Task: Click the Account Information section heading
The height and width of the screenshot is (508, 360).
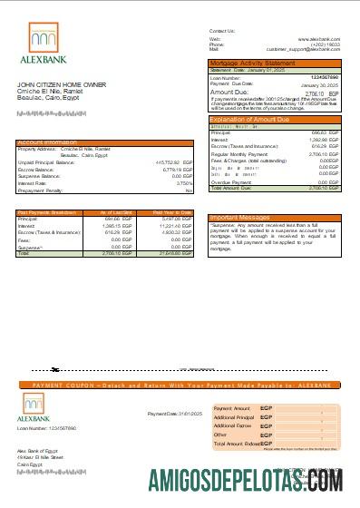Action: (50, 142)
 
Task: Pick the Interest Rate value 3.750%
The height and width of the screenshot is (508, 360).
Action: (183, 184)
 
